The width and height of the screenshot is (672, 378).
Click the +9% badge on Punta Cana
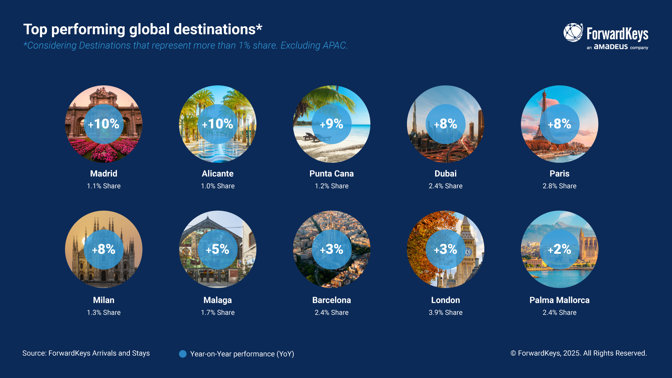[331, 124]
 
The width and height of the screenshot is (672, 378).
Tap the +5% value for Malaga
[217, 249]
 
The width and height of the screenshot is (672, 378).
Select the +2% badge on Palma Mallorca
[559, 249]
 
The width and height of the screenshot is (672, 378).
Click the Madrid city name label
[104, 174]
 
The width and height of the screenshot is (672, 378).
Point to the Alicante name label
[217, 174]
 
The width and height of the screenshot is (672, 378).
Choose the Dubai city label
[445, 174]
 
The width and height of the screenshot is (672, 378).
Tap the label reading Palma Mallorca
[559, 300]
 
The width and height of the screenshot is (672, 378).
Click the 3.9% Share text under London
[445, 313]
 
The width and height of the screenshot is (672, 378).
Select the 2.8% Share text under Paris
[559, 186]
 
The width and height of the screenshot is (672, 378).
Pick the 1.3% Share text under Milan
[104, 313]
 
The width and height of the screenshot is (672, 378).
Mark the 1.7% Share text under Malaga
[217, 313]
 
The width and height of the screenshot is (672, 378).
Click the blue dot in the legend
[183, 354]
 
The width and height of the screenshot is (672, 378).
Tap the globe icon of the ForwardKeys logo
[573, 33]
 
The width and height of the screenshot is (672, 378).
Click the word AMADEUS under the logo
[611, 47]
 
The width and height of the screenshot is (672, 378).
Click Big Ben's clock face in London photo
[468, 252]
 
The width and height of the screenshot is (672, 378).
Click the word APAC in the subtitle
[334, 45]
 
